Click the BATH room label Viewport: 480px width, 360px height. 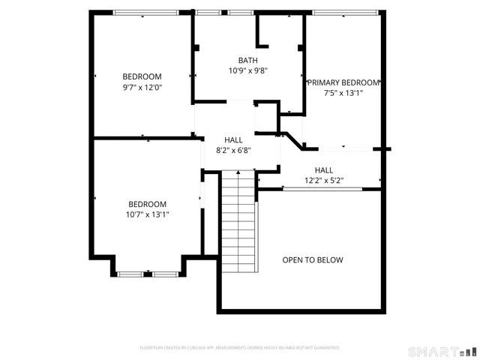pyautogui.click(x=247, y=60)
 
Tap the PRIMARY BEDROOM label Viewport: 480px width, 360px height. pyautogui.click(x=343, y=82)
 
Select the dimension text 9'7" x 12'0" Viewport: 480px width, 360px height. pyautogui.click(x=142, y=87)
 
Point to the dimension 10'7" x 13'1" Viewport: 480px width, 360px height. pyautogui.click(x=148, y=214)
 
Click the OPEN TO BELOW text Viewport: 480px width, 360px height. pyautogui.click(x=312, y=260)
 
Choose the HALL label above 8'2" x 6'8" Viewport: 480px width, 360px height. pyautogui.click(x=233, y=139)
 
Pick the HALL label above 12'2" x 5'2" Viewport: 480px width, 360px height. pyautogui.click(x=324, y=170)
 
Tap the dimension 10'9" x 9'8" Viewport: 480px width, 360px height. pyautogui.click(x=248, y=70)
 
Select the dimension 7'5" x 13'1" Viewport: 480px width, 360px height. pyautogui.click(x=343, y=93)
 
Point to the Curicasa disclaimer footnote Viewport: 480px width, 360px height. pyautogui.click(x=240, y=348)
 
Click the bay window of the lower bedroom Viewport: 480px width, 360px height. pyautogui.click(x=148, y=274)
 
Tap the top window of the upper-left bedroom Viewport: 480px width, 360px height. pyautogui.click(x=145, y=12)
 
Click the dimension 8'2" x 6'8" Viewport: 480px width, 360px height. pyautogui.click(x=233, y=150)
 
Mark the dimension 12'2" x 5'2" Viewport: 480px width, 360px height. pyautogui.click(x=324, y=181)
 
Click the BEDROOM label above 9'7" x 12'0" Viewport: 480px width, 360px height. pyautogui.click(x=142, y=76)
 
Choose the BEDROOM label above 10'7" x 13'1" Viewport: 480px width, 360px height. pyautogui.click(x=148, y=204)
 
